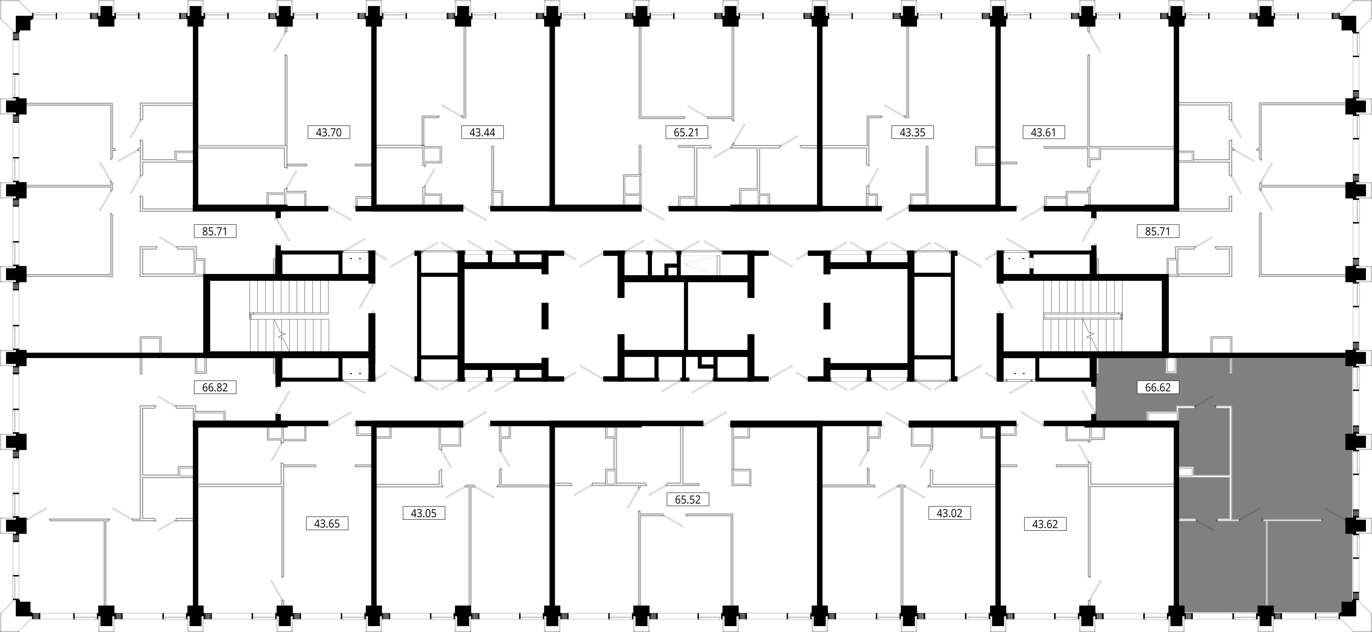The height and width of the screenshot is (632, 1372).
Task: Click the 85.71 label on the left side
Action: coord(215,231)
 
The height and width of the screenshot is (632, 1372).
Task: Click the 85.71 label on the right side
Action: coord(1157,231)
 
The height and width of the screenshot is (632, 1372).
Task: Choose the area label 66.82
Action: coord(215,387)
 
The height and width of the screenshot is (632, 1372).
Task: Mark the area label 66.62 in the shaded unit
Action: coord(1157,387)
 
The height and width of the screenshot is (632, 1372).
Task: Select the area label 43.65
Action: coord(327,523)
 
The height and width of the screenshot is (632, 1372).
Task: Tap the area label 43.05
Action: coord(423,513)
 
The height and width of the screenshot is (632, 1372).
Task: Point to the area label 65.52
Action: coord(688,499)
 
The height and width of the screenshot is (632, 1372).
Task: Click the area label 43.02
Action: coord(949,513)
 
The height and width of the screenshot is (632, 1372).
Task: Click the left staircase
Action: coord(290,316)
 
